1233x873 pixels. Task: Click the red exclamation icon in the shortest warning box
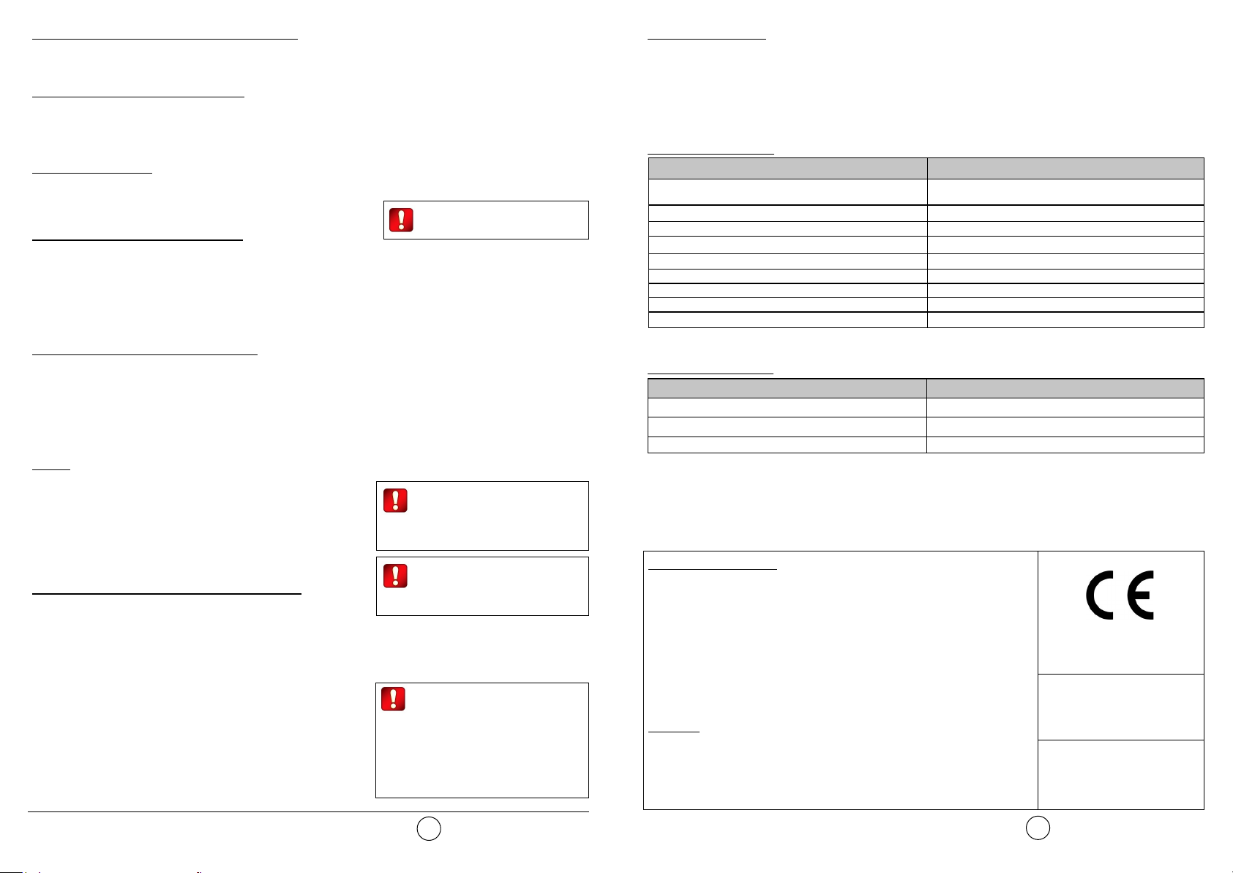point(401,220)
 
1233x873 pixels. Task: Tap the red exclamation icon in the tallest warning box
point(393,699)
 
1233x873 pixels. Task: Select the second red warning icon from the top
point(395,501)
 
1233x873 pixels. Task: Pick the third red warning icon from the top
point(395,576)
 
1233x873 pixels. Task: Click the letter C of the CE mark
point(1101,595)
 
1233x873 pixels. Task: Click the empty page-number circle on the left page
point(429,828)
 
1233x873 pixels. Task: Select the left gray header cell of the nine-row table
point(787,168)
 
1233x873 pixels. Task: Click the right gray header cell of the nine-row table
point(1065,168)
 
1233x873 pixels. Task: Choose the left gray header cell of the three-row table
point(787,389)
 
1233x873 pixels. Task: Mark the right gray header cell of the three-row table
point(1065,389)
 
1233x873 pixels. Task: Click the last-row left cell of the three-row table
point(787,445)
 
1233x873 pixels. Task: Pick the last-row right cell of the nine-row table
point(1065,320)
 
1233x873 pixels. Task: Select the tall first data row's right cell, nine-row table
point(1065,192)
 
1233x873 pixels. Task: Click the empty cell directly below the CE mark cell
point(1120,707)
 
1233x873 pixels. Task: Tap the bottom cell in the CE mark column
point(1120,774)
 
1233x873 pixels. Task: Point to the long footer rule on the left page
point(307,811)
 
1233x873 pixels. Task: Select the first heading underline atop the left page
point(165,38)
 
